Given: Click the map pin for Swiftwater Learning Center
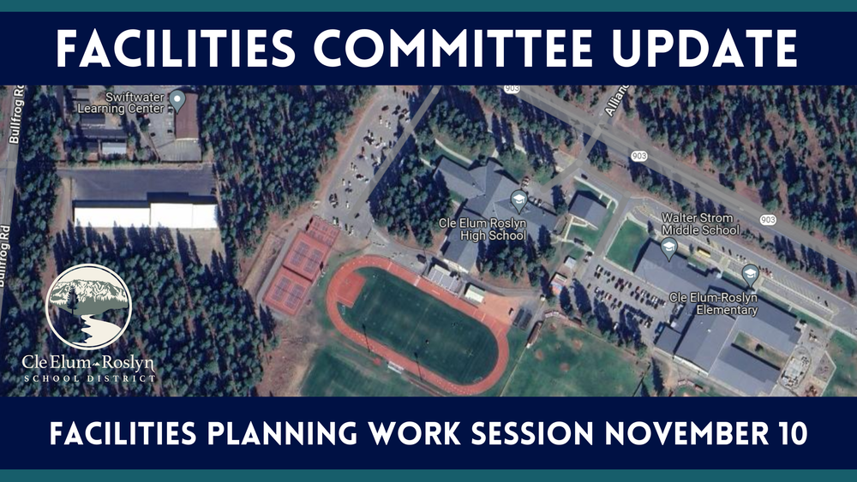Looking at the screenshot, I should pos(178,101).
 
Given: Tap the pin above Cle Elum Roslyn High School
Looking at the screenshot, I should pos(518,201).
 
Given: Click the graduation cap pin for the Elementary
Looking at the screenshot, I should pos(750,274).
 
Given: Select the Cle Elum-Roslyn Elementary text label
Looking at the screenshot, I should pos(714,304).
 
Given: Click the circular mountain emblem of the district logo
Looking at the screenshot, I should pos(88,306).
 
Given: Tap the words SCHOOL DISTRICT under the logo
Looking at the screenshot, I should pos(89,378).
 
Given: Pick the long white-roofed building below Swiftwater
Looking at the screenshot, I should pos(146,213).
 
